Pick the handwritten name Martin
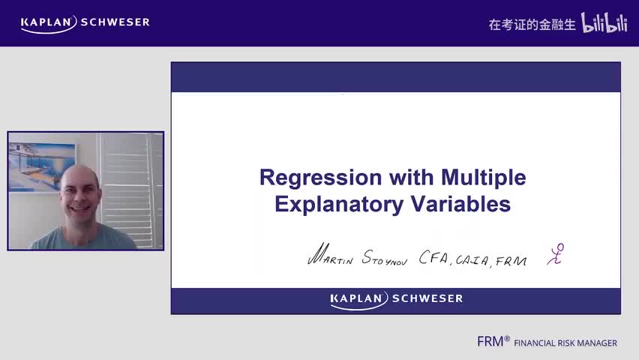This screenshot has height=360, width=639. (x=331, y=256)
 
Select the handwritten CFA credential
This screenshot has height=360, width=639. (x=433, y=259)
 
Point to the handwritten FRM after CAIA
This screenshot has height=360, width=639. (x=511, y=260)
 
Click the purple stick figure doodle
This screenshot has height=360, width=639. (x=556, y=253)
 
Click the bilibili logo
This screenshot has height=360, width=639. (x=604, y=23)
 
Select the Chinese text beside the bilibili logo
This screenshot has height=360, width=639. (x=532, y=25)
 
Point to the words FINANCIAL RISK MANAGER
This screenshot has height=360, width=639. (x=565, y=343)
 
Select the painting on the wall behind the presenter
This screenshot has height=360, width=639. (x=42, y=166)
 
